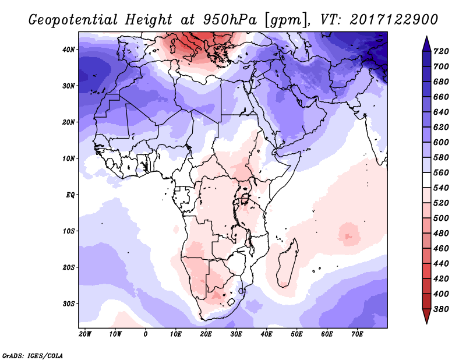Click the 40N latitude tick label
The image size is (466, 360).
pyautogui.click(x=69, y=50)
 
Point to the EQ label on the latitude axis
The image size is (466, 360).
pyautogui.click(x=70, y=195)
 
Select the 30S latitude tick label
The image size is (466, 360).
pyautogui.click(x=69, y=303)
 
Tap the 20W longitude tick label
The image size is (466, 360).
pyautogui.click(x=85, y=334)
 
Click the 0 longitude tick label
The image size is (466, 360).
pyautogui.click(x=146, y=334)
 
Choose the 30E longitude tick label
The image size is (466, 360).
pyautogui.click(x=236, y=334)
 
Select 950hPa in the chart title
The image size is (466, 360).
pyautogui.click(x=228, y=20)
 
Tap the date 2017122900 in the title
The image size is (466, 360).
pyautogui.click(x=394, y=20)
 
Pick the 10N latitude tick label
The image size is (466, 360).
pyautogui.click(x=69, y=158)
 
